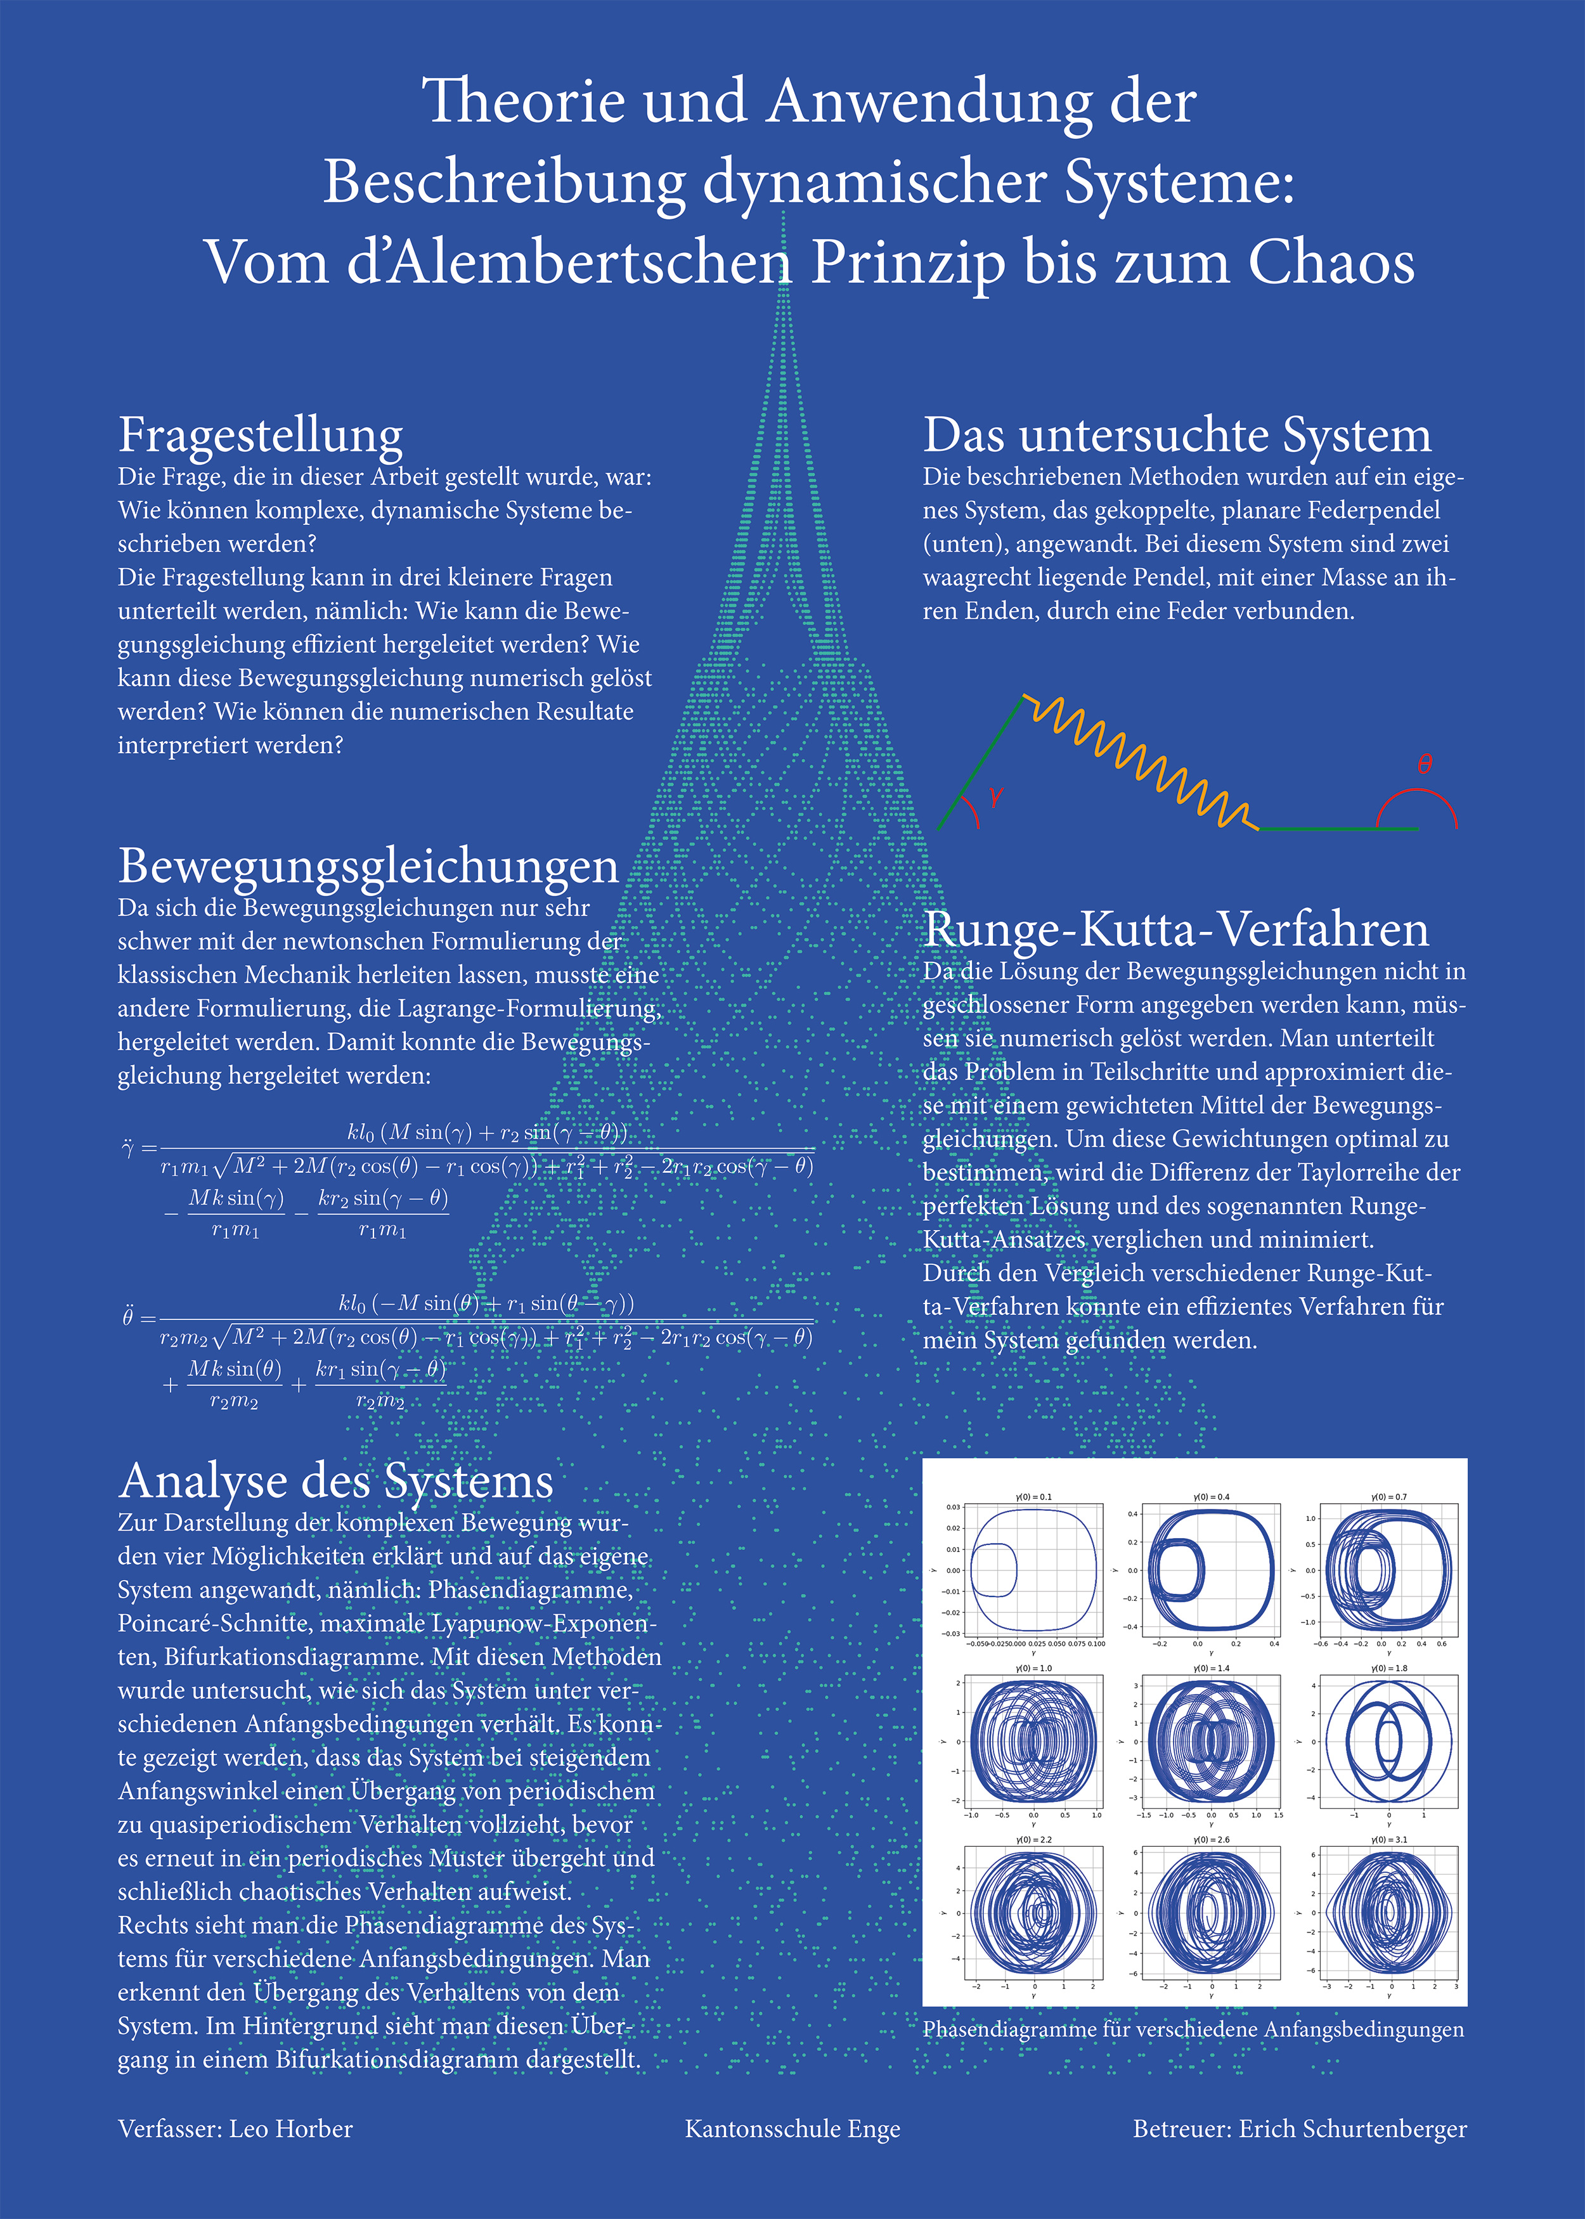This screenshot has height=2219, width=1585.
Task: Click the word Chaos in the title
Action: point(1331,264)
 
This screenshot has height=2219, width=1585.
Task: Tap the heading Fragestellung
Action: point(261,435)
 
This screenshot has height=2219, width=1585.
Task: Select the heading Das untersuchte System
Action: point(1177,435)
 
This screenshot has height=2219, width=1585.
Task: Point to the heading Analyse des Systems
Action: point(336,1481)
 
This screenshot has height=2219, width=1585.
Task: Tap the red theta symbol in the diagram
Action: point(1425,764)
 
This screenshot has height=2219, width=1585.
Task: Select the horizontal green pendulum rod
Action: point(1337,829)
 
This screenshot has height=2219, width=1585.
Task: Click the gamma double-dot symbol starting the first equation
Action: point(128,1148)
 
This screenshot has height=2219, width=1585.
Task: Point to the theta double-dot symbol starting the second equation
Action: point(128,1318)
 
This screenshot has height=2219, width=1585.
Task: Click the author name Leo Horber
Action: point(291,2129)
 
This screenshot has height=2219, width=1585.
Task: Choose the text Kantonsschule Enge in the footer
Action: point(792,2129)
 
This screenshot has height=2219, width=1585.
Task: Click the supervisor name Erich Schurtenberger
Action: point(1353,2129)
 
